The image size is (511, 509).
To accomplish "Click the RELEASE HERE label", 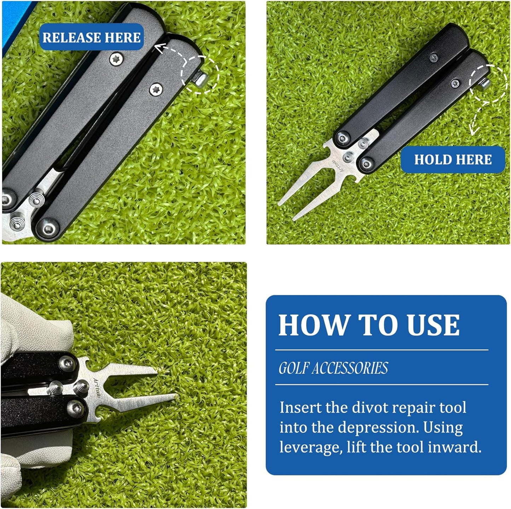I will (91, 37).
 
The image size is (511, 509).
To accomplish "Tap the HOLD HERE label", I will (453, 159).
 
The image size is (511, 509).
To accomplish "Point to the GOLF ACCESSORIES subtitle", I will (333, 368).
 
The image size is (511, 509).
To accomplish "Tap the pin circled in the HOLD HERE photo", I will (486, 84).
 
